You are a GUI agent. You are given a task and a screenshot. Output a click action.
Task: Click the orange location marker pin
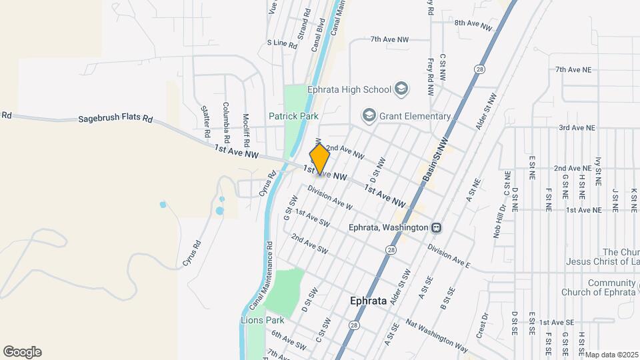(x=320, y=159)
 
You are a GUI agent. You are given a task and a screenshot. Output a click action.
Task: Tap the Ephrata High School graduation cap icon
(x=401, y=89)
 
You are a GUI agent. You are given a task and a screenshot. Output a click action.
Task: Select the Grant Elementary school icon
(x=369, y=116)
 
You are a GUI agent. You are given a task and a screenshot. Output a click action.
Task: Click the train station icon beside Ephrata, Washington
(x=436, y=227)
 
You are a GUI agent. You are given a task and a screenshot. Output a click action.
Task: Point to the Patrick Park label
(x=293, y=116)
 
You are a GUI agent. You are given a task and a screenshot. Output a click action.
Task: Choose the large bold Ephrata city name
(x=368, y=301)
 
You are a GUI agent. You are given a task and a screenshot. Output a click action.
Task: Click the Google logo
(x=22, y=352)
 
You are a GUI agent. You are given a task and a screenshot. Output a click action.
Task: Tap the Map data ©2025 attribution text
(x=612, y=354)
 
